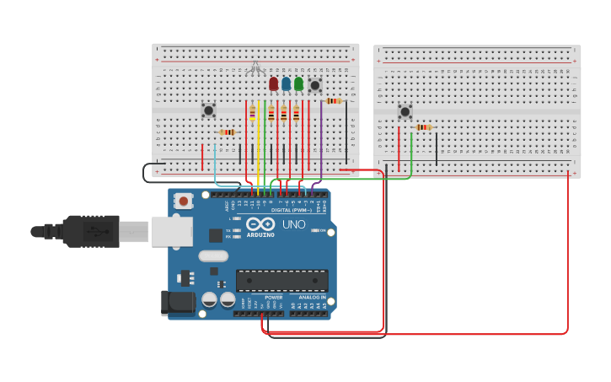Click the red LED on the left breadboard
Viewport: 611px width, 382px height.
click(x=273, y=83)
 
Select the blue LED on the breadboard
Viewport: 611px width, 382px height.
click(x=286, y=83)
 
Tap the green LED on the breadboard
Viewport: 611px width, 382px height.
click(x=298, y=83)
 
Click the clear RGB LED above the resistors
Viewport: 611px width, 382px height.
click(x=255, y=67)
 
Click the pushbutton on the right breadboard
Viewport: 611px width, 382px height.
click(x=405, y=111)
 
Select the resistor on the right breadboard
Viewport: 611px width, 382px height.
click(x=423, y=127)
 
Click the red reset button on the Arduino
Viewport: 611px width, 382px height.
click(x=183, y=201)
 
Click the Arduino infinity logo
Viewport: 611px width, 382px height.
click(x=261, y=224)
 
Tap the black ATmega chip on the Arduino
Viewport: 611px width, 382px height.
click(x=281, y=281)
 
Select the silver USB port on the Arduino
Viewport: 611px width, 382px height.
click(x=171, y=231)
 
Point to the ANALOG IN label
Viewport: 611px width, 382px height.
click(x=308, y=298)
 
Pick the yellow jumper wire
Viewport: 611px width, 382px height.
click(x=259, y=143)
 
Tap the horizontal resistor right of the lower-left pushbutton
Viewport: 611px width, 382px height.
click(x=227, y=132)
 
